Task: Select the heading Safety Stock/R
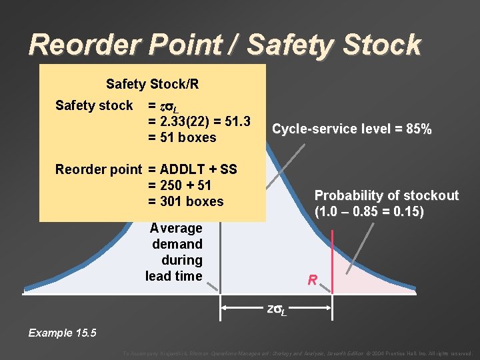click(152, 85)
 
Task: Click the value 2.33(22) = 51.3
click(199, 121)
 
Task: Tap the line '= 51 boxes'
click(182, 137)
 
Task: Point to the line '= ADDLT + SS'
click(192, 169)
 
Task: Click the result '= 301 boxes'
click(185, 201)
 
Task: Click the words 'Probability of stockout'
click(387, 195)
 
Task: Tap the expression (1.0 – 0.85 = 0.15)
click(369, 212)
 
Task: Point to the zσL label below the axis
click(277, 310)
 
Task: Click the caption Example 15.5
click(62, 333)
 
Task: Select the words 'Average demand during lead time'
click(175, 252)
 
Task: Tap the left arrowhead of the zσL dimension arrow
click(225, 308)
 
